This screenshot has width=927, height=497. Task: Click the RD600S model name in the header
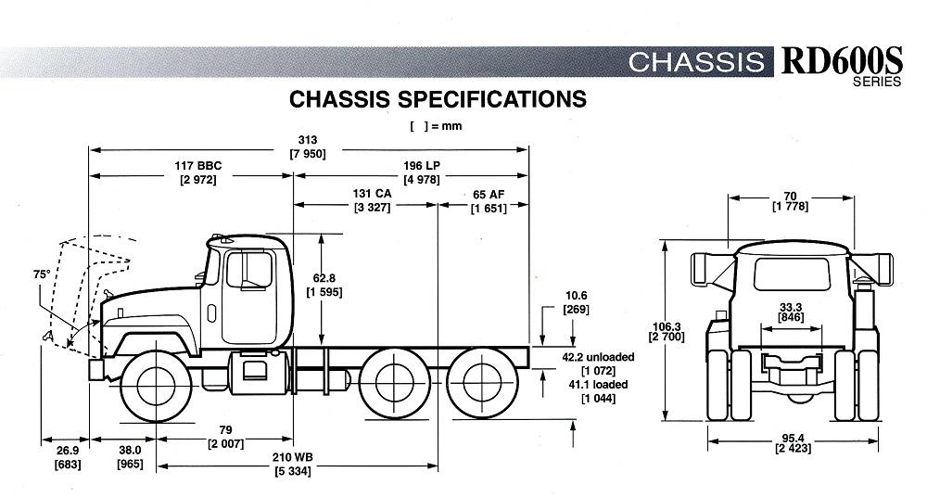[x=842, y=61]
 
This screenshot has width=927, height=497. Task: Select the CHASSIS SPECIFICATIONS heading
[x=438, y=99]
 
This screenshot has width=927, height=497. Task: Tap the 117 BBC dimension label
[x=197, y=166]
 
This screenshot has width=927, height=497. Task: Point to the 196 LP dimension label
[x=422, y=166]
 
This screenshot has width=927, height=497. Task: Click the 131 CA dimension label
[x=372, y=194]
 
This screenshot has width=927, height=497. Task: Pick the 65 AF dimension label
[x=489, y=195]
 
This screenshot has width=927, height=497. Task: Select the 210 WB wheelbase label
[x=292, y=457]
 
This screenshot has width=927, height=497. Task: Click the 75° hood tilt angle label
[x=42, y=274]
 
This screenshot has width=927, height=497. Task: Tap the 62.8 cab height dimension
[x=324, y=277]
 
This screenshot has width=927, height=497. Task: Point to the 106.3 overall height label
[x=667, y=326]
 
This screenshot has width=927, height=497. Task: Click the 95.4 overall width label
[x=793, y=439]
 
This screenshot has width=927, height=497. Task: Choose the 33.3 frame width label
[x=791, y=308]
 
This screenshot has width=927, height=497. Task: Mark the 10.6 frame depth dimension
[x=576, y=296]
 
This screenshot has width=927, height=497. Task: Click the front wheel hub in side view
[x=156, y=386]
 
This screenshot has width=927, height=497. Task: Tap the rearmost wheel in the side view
[x=482, y=382]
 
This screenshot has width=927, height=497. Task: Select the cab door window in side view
[x=249, y=270]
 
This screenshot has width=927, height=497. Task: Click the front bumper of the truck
[x=96, y=370]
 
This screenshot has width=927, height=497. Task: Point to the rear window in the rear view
[x=792, y=274]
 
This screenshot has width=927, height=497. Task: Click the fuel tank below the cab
[x=259, y=372]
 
